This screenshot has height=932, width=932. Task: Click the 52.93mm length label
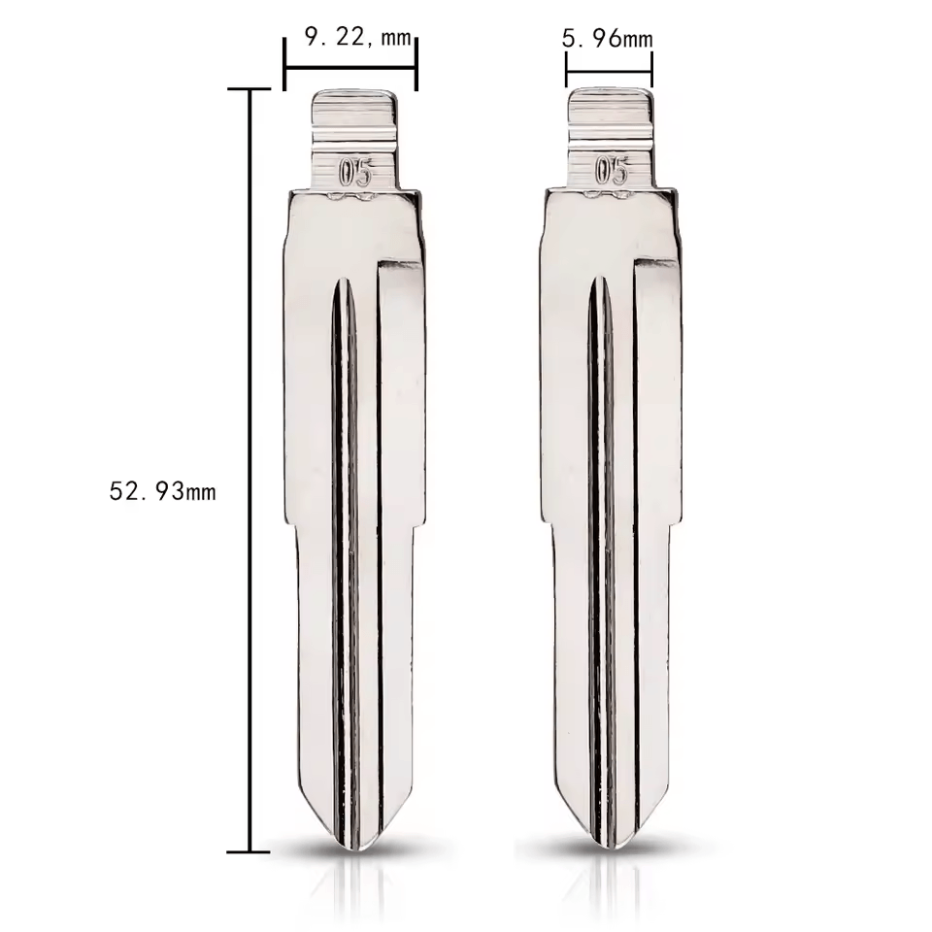coord(162,491)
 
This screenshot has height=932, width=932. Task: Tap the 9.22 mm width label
coord(358,38)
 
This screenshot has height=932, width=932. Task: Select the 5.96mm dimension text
coord(607,39)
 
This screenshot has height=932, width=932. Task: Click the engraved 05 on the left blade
coord(355,173)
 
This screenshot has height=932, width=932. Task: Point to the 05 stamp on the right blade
coord(612,171)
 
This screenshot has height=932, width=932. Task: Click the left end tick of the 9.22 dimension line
coord(285,64)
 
